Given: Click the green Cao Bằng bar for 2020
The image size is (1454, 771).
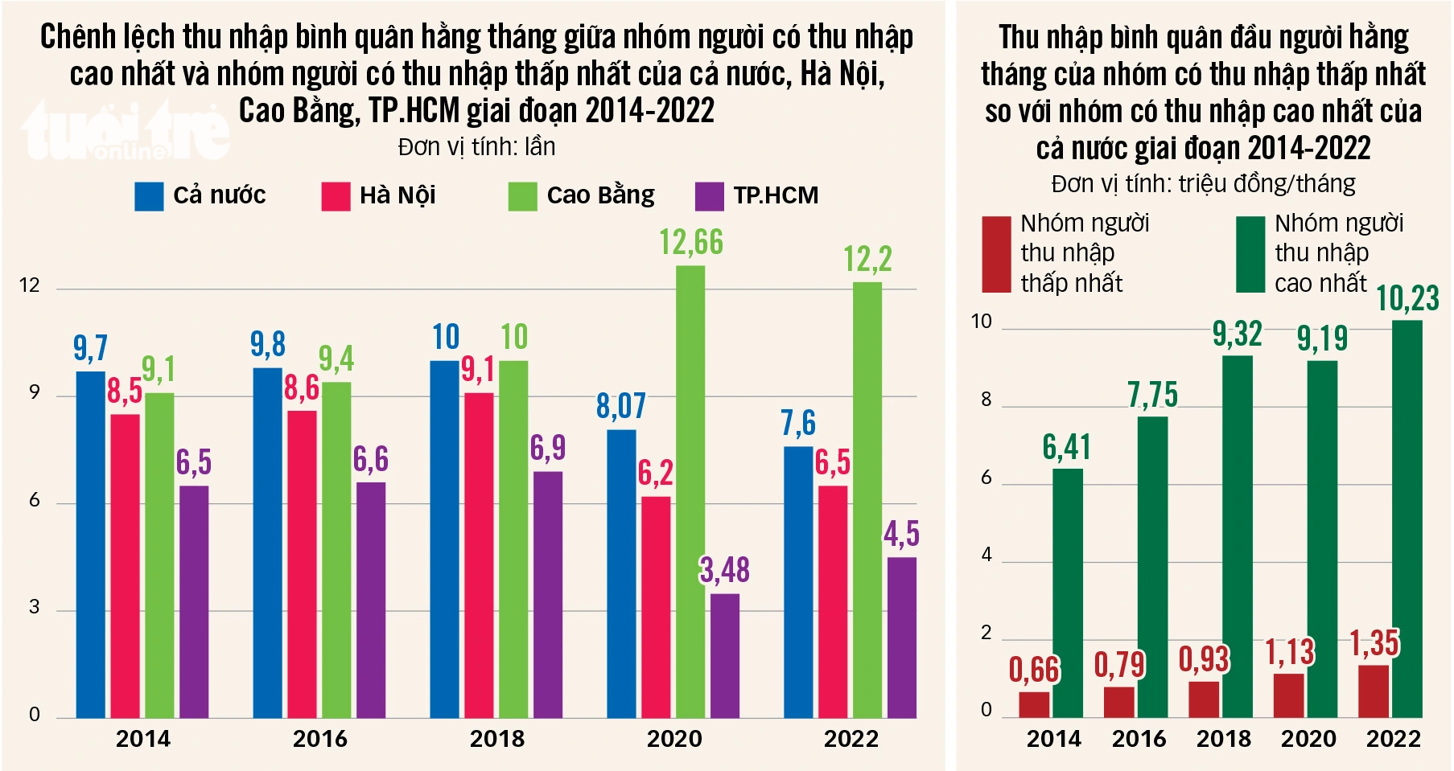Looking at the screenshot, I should (x=690, y=491).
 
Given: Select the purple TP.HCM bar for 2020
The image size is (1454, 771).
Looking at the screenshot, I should (x=724, y=655).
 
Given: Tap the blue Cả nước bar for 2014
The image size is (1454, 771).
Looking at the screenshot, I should (x=91, y=544).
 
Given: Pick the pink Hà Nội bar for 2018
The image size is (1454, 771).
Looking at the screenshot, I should (x=479, y=555).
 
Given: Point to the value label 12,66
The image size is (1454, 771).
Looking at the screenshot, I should (x=691, y=242).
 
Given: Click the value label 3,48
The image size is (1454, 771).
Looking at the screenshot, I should (x=724, y=570).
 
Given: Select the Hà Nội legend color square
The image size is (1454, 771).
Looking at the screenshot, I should (x=336, y=196).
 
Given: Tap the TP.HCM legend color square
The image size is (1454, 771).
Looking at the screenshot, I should (x=709, y=196).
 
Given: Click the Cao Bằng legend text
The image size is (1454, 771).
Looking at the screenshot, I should (x=600, y=195).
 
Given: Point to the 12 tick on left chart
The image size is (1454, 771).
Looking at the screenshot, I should (x=30, y=285).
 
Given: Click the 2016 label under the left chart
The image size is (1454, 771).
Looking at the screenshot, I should (x=319, y=739).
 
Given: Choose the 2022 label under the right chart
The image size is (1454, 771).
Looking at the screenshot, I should (x=1393, y=739).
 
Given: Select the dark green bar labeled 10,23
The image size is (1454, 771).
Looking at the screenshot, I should (x=1407, y=519).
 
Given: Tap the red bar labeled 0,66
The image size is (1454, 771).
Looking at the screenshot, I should (x=1034, y=704).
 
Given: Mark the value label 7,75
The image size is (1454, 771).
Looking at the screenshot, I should (x=1152, y=395).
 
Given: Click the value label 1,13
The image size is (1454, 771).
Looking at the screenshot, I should (x=1289, y=652).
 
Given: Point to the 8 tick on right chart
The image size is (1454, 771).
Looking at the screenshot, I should (x=986, y=400).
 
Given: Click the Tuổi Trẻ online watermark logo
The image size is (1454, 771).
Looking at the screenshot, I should (x=125, y=133).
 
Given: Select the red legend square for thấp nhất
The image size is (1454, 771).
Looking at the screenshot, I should (x=996, y=253).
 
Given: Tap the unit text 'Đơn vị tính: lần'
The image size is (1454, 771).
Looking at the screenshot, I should (x=476, y=147).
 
